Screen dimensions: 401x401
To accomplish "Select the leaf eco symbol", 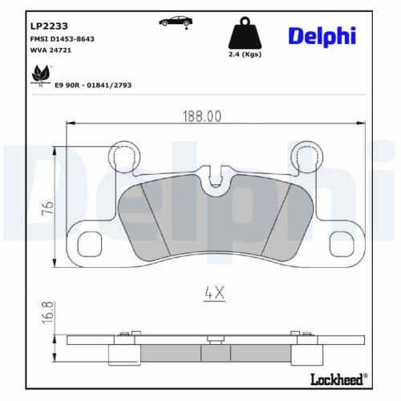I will coord(37,77).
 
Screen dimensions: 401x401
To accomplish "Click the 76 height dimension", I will coord(47,207).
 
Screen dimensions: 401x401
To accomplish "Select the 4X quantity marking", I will coord(213,294).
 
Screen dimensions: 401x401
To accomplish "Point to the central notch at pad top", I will coord(214,183).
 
